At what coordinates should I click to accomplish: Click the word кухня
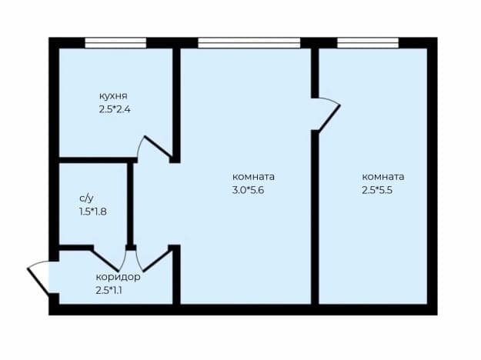click(113, 96)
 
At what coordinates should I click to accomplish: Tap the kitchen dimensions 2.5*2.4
click(115, 109)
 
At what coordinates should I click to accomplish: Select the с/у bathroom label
click(86, 198)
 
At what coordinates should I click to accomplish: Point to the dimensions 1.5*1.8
click(93, 212)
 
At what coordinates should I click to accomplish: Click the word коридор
click(118, 277)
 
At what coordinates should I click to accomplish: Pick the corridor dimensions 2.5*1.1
click(109, 291)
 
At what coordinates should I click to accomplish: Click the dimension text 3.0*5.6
click(248, 191)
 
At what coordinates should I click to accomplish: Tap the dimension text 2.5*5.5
click(377, 191)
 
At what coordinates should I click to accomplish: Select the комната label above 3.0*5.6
click(253, 177)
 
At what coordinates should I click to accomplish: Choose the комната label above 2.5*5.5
click(383, 177)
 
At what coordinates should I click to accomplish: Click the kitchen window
click(115, 43)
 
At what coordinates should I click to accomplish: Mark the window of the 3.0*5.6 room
click(249, 43)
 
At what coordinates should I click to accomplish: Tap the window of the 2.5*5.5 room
click(368, 43)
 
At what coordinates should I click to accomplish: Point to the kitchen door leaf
click(158, 147)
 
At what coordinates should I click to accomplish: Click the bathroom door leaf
click(106, 261)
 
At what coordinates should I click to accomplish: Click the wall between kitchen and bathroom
click(98, 160)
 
